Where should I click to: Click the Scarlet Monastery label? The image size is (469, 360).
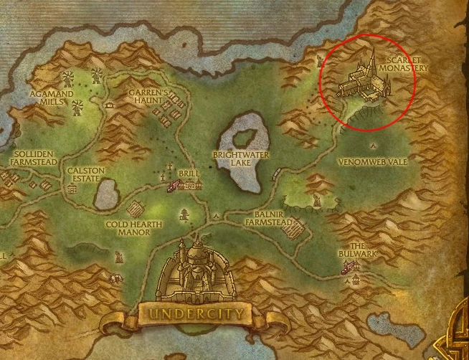point(406,64)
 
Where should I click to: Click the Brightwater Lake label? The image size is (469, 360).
point(234,158)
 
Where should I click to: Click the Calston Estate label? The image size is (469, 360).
point(86,175)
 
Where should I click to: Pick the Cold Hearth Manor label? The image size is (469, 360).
point(134,228)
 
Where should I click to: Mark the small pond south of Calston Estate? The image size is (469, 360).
point(105,194)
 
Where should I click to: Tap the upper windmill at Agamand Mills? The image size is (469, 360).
point(69,77)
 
